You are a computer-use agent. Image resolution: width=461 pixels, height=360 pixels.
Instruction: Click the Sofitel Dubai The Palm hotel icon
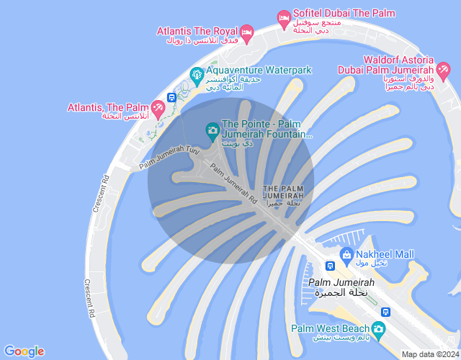(285, 17)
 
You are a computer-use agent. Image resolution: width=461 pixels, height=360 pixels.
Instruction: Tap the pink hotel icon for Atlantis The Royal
(247, 31)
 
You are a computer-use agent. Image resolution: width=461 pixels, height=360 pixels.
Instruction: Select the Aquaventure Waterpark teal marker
(195, 74)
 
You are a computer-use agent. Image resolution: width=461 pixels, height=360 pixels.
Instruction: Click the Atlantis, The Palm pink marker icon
(158, 107)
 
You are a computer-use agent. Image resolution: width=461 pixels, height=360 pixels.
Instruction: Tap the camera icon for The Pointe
(212, 130)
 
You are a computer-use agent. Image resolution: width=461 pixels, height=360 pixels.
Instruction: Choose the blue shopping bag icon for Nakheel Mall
(346, 254)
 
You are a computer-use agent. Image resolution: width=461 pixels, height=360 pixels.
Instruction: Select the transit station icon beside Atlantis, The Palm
(171, 97)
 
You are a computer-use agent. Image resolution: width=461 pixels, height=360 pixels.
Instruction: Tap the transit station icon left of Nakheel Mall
(329, 264)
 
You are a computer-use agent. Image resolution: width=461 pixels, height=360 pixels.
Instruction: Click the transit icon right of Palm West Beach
(386, 312)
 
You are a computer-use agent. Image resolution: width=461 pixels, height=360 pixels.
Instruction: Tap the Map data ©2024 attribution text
(430, 354)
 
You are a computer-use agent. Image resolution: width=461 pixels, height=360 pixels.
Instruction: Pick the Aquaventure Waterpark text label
(259, 70)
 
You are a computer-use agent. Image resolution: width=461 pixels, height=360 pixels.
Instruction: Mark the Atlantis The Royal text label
(197, 31)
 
